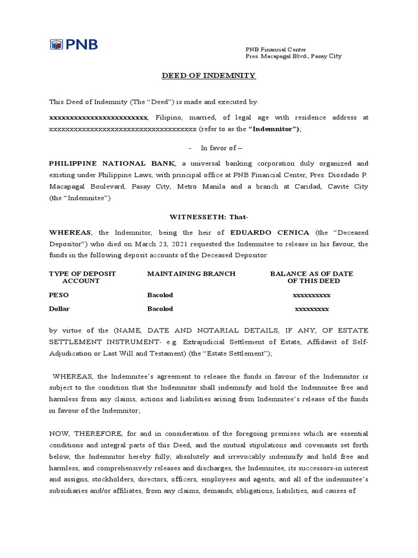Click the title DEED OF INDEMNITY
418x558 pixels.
pos(208,75)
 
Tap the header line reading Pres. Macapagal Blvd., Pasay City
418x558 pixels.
pos(294,56)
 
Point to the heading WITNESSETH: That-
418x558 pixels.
pos(209,217)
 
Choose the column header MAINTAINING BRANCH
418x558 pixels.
pos(191,274)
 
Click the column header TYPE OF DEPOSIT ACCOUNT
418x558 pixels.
pos(82,277)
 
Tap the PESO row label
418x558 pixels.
pos(59,295)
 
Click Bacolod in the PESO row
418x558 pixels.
pos(160,295)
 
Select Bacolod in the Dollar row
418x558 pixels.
pos(160,308)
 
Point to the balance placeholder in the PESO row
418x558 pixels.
pos(312,295)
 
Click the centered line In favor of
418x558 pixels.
pos(214,148)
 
